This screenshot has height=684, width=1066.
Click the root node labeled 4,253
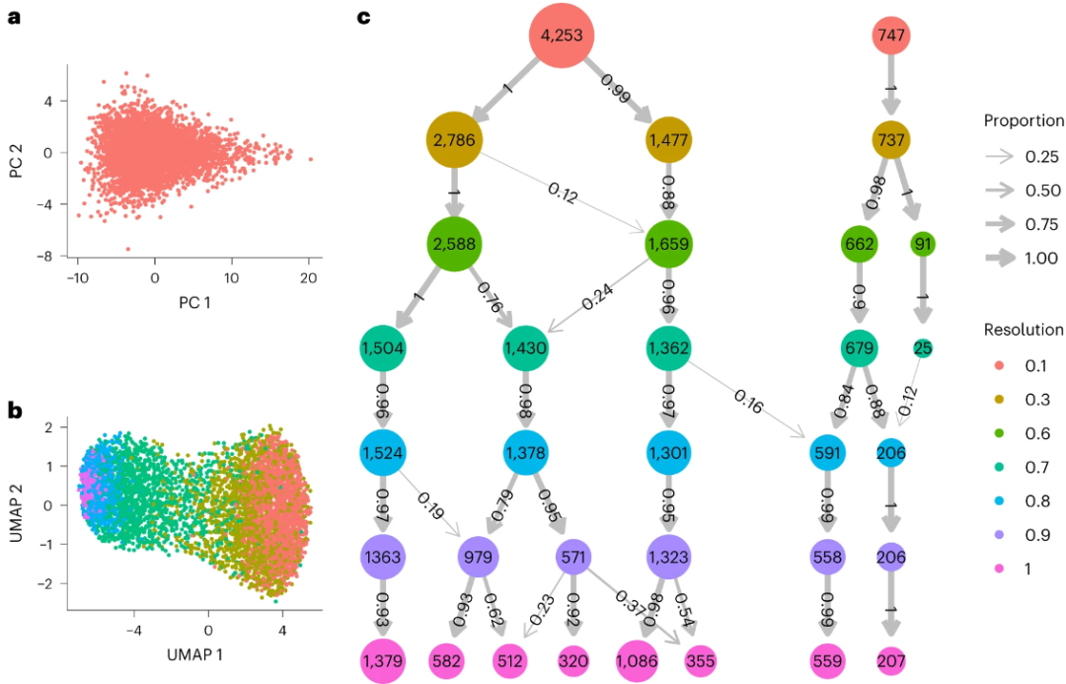563,37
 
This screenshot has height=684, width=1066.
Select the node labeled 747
891,37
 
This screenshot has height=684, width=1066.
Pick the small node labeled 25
924,347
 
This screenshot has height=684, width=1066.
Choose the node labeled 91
924,243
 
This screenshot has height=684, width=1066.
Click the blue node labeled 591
827,451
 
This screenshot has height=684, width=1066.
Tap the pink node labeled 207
891,660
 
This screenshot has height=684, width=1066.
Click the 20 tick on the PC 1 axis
309,278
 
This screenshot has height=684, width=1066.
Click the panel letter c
362,17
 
